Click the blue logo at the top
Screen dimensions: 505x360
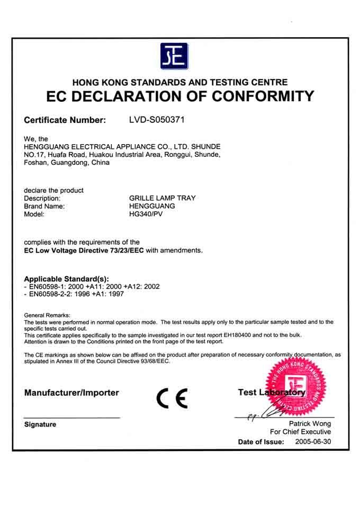click(174, 56)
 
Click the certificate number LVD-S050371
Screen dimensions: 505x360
click(157, 120)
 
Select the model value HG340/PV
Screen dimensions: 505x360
click(146, 215)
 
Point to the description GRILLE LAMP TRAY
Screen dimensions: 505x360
click(163, 198)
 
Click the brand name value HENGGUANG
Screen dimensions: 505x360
click(152, 206)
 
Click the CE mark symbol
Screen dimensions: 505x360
click(172, 398)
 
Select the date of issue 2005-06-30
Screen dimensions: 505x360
click(313, 441)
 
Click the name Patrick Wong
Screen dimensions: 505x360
click(310, 423)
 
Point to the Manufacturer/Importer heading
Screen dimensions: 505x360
click(71, 393)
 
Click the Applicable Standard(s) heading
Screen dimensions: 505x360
click(67, 279)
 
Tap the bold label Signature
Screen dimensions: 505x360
click(40, 424)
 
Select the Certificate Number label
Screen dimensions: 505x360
click(65, 120)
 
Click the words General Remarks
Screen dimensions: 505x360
click(47, 315)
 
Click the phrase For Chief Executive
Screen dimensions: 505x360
click(300, 432)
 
